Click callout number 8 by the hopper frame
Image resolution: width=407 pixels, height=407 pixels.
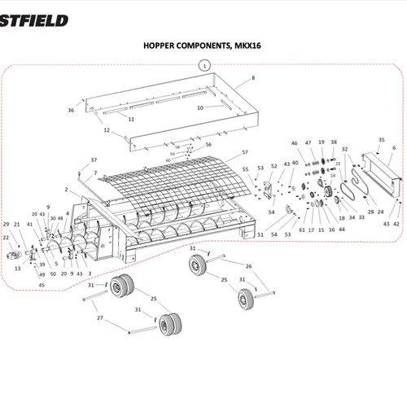pyautogui.click(x=253, y=77)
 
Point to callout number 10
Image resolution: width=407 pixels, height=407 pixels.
pyautogui.click(x=200, y=107)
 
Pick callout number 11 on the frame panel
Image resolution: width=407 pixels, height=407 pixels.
pyautogui.click(x=130, y=118)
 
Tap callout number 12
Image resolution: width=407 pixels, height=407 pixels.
pyautogui.click(x=106, y=130)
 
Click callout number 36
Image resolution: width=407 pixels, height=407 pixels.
pyautogui.click(x=71, y=110)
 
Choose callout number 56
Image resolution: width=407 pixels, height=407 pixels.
pyautogui.click(x=208, y=145)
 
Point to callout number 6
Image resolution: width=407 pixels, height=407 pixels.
pyautogui.click(x=394, y=148)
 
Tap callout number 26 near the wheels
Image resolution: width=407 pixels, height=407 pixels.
pyautogui.click(x=249, y=266)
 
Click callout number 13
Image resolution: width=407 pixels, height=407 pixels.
pyautogui.click(x=18, y=267)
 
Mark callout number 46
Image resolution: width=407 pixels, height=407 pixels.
pyautogui.click(x=295, y=143)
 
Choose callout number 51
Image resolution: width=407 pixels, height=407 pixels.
pyautogui.click(x=260, y=234)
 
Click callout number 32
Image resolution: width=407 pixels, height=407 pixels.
pyautogui.click(x=344, y=150)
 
